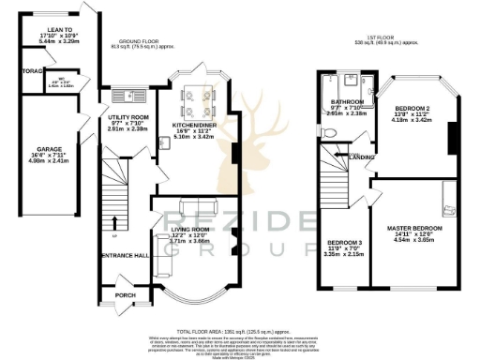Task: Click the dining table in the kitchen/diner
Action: [199, 95]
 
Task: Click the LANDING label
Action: [362, 157]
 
